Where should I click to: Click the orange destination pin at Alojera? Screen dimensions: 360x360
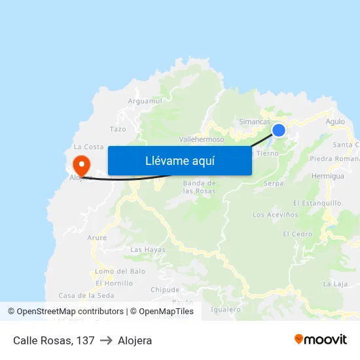click(81, 162)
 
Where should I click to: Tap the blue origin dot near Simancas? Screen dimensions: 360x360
click(279, 130)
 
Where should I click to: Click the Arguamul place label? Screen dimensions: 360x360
click(145, 101)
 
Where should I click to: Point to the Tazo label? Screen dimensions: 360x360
click(118, 130)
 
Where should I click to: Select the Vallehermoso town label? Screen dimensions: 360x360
click(202, 139)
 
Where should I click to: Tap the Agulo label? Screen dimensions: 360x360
click(334, 122)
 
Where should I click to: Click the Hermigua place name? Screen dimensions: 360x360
click(327, 176)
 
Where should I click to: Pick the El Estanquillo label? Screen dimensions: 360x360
click(317, 203)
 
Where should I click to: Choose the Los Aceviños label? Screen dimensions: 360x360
click(275, 215)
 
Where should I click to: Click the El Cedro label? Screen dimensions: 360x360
click(297, 234)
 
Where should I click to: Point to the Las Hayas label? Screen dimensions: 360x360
click(148, 250)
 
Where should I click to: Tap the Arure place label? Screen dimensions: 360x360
click(97, 238)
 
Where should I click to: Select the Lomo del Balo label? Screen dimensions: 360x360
click(120, 271)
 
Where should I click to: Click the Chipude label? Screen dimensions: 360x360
click(164, 289)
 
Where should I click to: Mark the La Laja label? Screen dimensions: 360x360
click(335, 284)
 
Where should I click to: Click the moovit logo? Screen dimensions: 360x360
click(320, 340)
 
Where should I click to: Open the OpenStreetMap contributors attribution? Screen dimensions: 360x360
click(71, 312)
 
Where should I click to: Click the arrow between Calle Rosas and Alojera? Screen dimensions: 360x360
click(106, 340)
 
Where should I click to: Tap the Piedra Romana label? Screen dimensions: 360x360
click(335, 158)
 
